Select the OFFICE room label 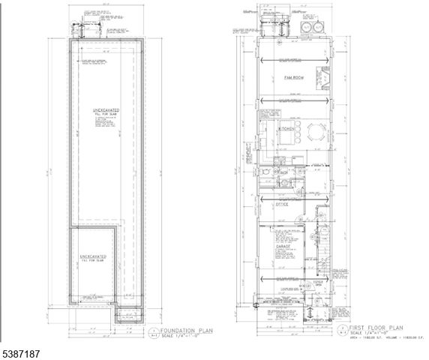283,204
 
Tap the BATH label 284,178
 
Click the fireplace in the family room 326,79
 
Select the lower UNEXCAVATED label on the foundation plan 93,256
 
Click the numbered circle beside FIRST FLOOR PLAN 340,330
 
